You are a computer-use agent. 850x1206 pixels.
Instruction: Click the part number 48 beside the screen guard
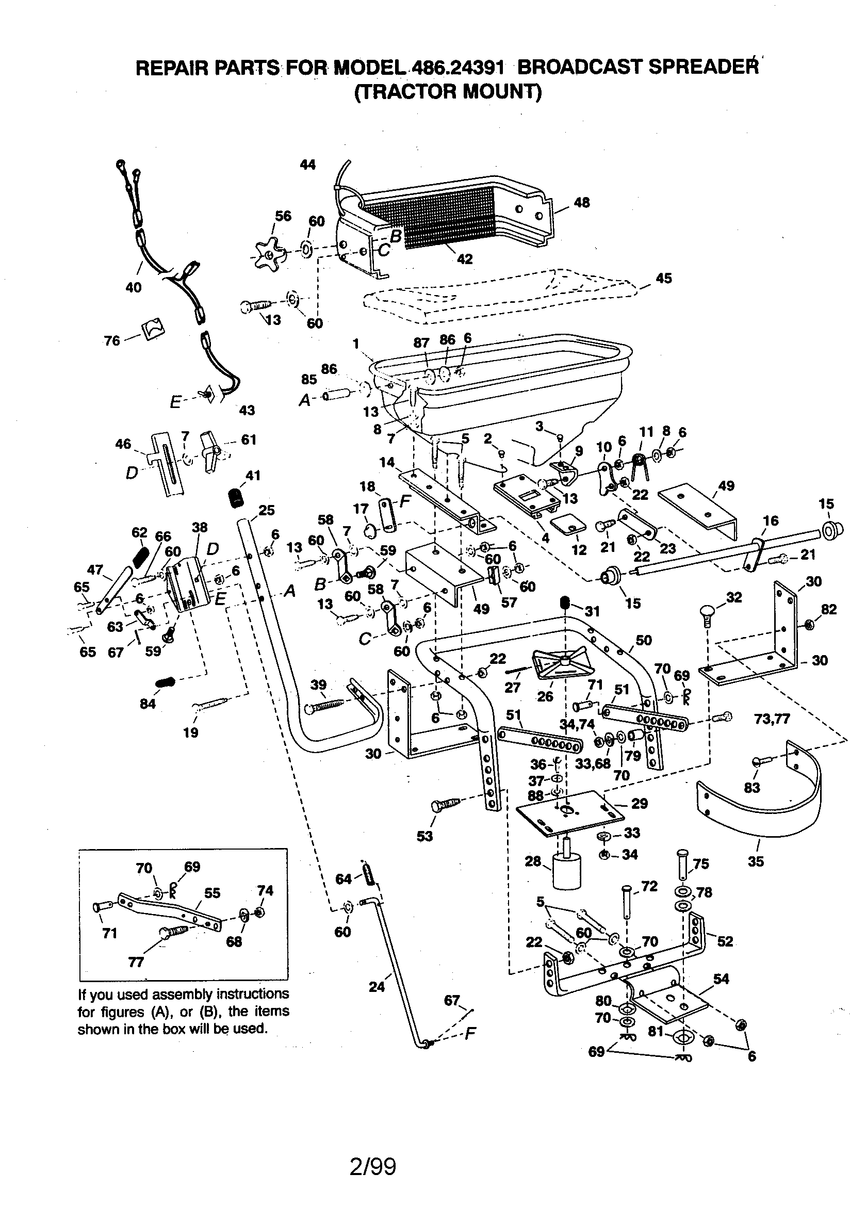click(x=582, y=202)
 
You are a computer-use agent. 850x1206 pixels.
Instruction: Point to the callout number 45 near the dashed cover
click(x=663, y=278)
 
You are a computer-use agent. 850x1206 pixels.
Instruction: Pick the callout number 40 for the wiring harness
click(x=134, y=287)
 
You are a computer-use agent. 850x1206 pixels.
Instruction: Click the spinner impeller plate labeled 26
click(x=561, y=665)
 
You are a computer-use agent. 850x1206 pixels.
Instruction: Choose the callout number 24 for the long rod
click(x=377, y=987)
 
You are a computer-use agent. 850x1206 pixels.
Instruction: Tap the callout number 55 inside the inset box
click(x=212, y=893)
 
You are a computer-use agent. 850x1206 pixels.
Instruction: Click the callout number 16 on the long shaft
click(x=771, y=520)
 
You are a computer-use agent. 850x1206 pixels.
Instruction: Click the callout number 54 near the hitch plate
click(x=721, y=979)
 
